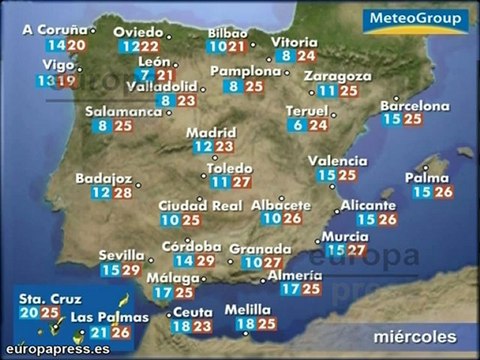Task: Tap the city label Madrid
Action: point(211,131)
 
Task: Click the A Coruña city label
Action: point(53,31)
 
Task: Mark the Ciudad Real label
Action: point(201,206)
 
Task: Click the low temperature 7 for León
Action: point(146,75)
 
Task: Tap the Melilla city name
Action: point(248,309)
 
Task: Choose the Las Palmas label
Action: point(110,318)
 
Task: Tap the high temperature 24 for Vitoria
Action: point(307,56)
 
